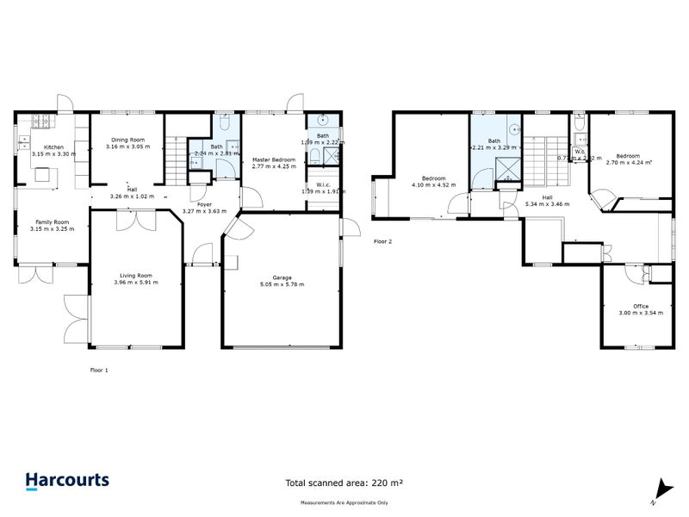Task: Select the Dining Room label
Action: [x=125, y=140]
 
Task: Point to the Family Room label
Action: [x=49, y=222]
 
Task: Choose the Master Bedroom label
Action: [x=273, y=160]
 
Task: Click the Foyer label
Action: [x=204, y=204]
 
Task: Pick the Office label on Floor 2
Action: [x=640, y=306]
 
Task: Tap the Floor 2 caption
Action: [x=382, y=241]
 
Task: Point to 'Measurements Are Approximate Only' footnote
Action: [x=344, y=501]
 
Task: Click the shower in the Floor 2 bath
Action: [x=509, y=168]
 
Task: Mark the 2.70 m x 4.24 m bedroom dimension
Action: [x=629, y=161]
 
